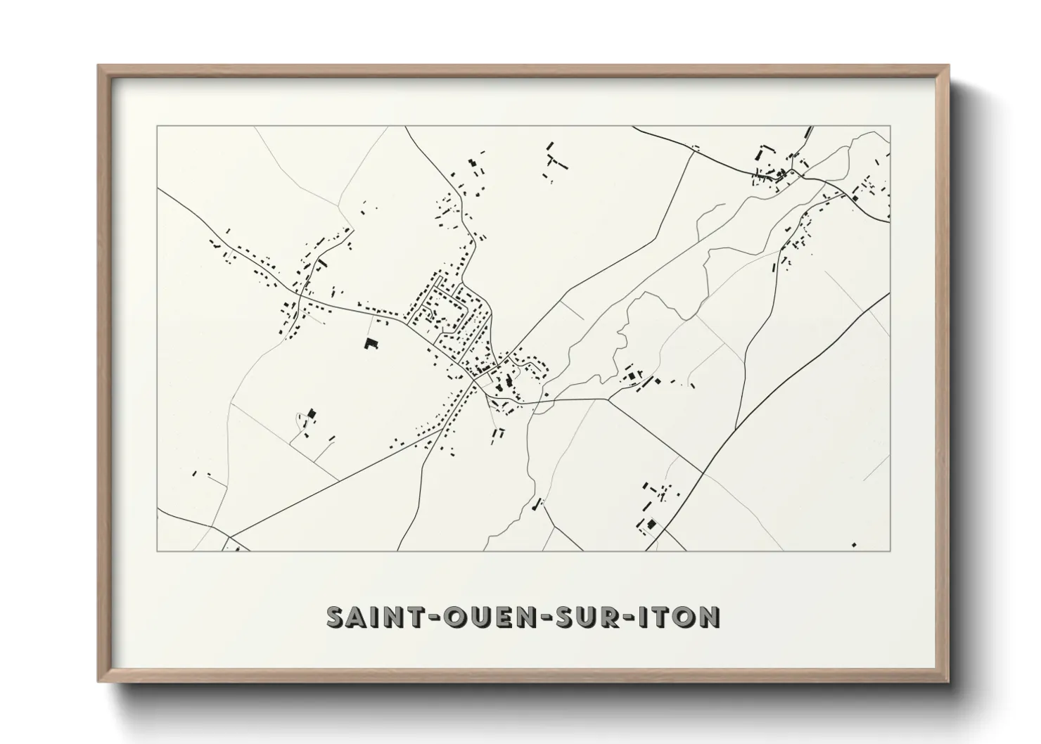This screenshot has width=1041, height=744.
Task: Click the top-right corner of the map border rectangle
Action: tap(890, 126)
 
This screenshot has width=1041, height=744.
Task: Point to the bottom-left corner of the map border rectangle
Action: tap(158, 551)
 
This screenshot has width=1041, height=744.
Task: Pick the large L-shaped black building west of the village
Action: tap(370, 343)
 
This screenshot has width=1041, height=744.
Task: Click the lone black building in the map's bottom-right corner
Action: tap(854, 544)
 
